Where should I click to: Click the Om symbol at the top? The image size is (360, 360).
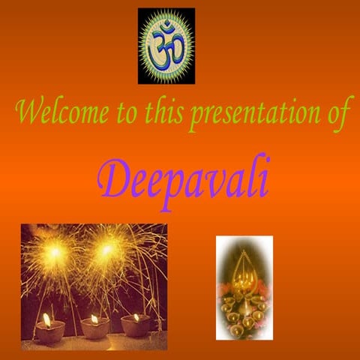click(x=166, y=45)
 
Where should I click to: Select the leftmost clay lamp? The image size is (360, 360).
click(x=49, y=331)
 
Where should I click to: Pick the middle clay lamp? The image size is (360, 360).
click(x=94, y=328)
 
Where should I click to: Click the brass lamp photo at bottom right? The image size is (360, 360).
click(x=244, y=286)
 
